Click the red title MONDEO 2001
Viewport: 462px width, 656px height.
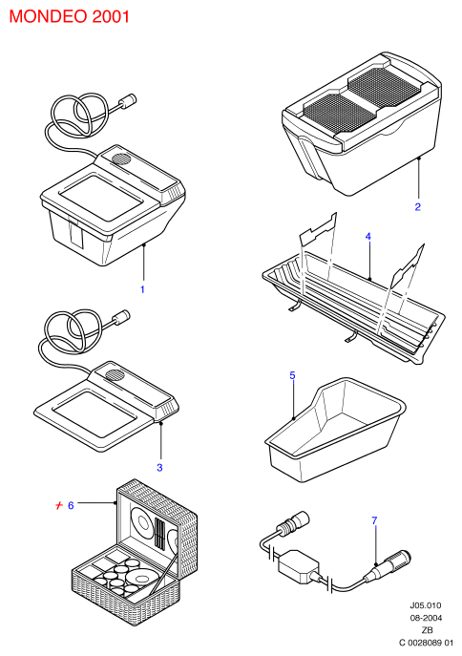pos(69,16)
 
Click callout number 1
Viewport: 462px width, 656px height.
pos(142,289)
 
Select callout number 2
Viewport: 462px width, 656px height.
pos(417,206)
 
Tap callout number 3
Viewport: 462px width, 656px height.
pos(159,467)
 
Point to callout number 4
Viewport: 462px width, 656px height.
pos(367,237)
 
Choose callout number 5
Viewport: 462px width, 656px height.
pos(292,375)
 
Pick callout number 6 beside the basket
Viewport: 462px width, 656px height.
pos(71,505)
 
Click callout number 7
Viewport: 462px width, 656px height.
pos(374,520)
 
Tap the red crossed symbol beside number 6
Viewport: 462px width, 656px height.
pos(59,505)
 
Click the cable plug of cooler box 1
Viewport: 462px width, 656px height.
pos(129,100)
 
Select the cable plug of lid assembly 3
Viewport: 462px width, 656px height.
pos(121,317)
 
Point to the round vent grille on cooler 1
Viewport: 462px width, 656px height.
pos(121,159)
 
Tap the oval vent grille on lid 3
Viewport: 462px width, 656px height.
pos(115,373)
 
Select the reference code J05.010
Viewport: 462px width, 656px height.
pos(425,605)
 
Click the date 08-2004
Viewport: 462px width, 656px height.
pos(425,618)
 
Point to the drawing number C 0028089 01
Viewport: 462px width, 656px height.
pos(426,643)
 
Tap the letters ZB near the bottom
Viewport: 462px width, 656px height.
pos(427,630)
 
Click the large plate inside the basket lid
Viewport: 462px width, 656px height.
pos(143,523)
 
